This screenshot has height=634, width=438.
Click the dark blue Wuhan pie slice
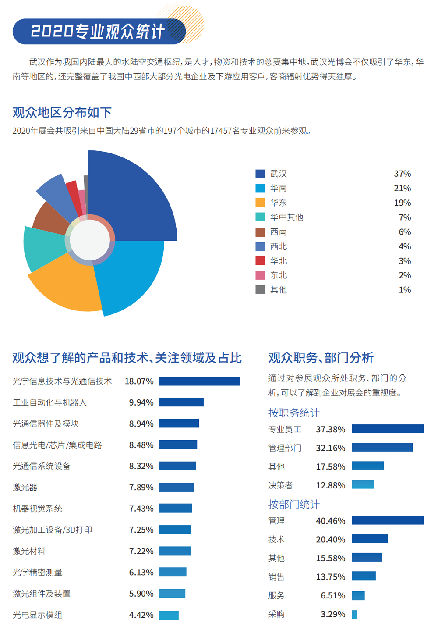point(131,197)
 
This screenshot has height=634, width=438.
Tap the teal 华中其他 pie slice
point(42,248)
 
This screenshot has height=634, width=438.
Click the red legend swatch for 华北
point(260,261)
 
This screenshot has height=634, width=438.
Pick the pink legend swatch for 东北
point(260,275)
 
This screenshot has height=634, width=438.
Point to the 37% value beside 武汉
point(402,174)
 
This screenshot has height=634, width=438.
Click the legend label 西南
point(279,232)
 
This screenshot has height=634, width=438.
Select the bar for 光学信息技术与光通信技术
point(199,381)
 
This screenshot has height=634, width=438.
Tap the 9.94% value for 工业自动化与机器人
point(141,402)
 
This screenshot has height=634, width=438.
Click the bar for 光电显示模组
point(169,615)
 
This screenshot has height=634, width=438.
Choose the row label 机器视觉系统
point(38,509)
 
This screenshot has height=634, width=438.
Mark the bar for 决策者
point(363,484)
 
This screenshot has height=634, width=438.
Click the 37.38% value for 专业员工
point(331,429)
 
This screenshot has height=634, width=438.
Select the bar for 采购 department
point(354,614)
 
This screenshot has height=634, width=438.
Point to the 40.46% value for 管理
point(331,521)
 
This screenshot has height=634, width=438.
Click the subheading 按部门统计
point(294,504)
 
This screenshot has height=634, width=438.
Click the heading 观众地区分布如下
point(62,112)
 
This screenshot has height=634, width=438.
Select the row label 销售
point(276,577)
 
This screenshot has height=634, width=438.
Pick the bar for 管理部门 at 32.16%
point(382,447)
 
